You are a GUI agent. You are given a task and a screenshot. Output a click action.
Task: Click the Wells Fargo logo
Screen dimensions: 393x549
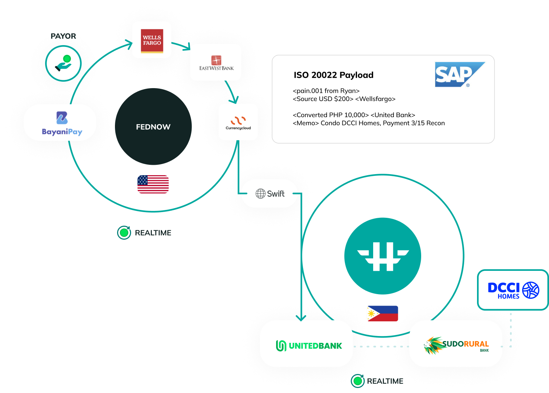pyautogui.click(x=152, y=40)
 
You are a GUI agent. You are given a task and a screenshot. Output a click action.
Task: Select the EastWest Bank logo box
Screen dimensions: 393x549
pyautogui.click(x=216, y=62)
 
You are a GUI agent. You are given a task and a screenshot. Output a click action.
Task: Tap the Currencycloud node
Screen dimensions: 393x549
pyautogui.click(x=238, y=122)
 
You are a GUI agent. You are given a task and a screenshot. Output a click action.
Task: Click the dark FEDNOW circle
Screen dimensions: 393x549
pyautogui.click(x=153, y=127)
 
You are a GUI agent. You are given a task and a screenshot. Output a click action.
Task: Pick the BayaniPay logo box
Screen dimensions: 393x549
pyautogui.click(x=60, y=123)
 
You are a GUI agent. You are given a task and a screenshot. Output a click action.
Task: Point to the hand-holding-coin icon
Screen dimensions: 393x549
pyautogui.click(x=63, y=63)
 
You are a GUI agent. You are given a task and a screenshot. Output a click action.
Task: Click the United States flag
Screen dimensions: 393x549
pyautogui.click(x=153, y=184)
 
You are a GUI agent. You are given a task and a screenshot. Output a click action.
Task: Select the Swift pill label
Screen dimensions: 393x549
pyautogui.click(x=270, y=194)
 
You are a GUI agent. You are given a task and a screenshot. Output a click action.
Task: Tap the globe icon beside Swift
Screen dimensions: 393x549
pyautogui.click(x=260, y=194)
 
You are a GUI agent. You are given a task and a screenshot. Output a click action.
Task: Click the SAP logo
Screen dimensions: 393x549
pyautogui.click(x=460, y=75)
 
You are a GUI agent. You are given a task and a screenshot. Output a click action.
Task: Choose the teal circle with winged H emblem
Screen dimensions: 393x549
pyautogui.click(x=382, y=256)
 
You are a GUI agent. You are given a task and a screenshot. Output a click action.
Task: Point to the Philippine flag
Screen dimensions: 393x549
pyautogui.click(x=382, y=313)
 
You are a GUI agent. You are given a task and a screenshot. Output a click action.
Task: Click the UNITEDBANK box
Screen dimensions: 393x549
pyautogui.click(x=307, y=344)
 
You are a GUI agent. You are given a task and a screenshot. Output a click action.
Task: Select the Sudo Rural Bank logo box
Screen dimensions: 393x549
pyautogui.click(x=456, y=344)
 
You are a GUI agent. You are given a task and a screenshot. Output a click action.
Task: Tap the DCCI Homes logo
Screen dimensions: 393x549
pyautogui.click(x=513, y=290)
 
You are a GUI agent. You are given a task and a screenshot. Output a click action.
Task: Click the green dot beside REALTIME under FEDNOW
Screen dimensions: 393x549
pyautogui.click(x=124, y=233)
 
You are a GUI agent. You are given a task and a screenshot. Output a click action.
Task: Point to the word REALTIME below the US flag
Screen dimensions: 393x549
pyautogui.click(x=153, y=233)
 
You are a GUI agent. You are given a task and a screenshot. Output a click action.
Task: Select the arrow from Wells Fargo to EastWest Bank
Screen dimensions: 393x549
pyautogui.click(x=181, y=45)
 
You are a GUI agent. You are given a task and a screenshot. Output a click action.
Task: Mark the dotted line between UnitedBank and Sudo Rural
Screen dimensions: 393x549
pyautogui.click(x=381, y=346)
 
